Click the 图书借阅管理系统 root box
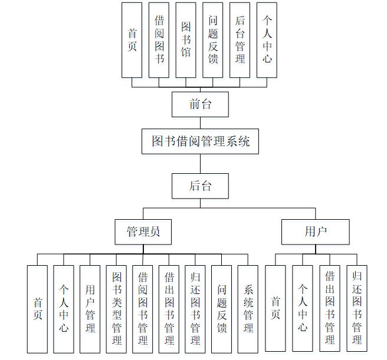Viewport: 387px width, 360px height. [x=201, y=141]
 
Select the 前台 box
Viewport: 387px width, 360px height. [x=201, y=105]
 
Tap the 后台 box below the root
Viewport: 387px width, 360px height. [x=201, y=186]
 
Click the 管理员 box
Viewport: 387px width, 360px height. [x=143, y=232]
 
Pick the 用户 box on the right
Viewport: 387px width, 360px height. [x=315, y=232]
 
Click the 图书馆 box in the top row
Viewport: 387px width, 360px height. [x=186, y=40]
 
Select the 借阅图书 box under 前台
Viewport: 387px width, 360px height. [x=159, y=40]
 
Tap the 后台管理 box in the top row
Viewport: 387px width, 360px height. [x=240, y=40]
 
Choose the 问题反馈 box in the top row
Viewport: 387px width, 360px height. [x=213, y=40]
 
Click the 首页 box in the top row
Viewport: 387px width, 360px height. [x=132, y=40]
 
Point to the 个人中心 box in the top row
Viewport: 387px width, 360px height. [x=267, y=40]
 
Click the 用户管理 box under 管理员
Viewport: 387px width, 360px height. [x=90, y=309]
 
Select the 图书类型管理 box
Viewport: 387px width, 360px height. [x=116, y=309]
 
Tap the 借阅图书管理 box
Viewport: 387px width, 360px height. [x=143, y=309]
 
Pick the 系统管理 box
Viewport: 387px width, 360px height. [x=248, y=309]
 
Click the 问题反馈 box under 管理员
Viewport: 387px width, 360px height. [x=222, y=309]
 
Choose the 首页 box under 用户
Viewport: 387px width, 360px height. [x=275, y=309]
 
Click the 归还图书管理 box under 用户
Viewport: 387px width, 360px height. [x=357, y=309]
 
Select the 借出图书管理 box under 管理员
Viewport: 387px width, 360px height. [x=169, y=309]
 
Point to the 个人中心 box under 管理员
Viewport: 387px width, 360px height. [x=64, y=309]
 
